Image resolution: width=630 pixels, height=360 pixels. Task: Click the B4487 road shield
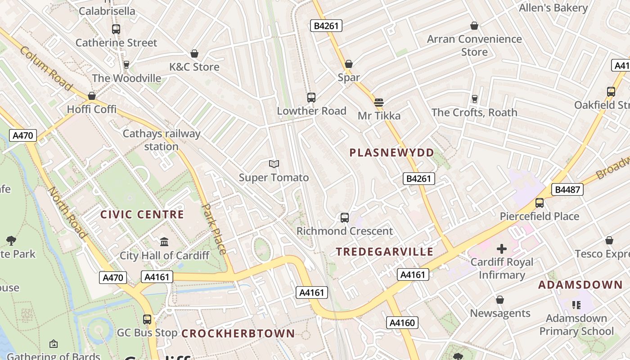[x=567, y=189]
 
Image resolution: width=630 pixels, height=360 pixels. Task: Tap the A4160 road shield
[x=402, y=323]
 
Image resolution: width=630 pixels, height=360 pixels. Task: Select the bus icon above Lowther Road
[x=311, y=97]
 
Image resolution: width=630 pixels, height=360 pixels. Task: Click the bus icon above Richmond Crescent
[x=344, y=218]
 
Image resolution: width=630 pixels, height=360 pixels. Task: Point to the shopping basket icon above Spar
[x=349, y=64]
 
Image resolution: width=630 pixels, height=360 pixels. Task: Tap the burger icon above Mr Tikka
[x=379, y=103]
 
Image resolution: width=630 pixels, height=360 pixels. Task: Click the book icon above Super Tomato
[x=274, y=164]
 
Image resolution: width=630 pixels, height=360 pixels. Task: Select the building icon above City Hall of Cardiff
[x=164, y=242]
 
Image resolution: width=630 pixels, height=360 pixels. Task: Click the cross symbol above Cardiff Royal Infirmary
[x=501, y=249]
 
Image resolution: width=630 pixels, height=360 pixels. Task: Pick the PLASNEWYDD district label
[x=391, y=153]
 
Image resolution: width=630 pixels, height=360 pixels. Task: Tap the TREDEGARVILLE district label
[x=385, y=252]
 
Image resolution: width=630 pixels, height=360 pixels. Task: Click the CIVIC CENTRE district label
[x=142, y=214]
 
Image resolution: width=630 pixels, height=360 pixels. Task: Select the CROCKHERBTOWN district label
[x=238, y=333]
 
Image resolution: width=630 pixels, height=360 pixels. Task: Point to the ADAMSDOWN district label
[x=580, y=285]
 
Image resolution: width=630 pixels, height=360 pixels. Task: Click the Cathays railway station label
[x=161, y=140]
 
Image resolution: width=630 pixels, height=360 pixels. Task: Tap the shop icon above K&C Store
[x=194, y=54]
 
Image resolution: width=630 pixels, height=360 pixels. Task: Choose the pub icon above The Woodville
[x=126, y=65]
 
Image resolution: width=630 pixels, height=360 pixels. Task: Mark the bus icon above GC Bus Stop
[x=147, y=319]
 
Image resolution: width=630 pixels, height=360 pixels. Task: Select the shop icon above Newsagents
[x=499, y=300]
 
